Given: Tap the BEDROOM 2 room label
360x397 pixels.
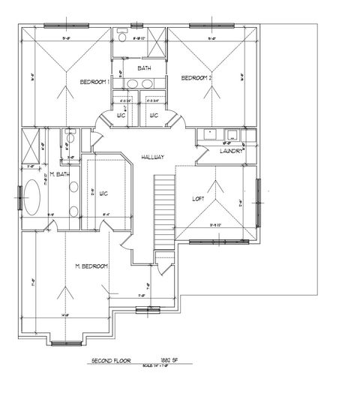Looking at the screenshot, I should [x=197, y=77].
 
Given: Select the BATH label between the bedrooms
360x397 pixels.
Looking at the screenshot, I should [x=144, y=68].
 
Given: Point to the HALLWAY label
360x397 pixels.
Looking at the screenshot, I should [x=152, y=157].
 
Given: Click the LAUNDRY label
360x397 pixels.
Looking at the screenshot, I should [x=230, y=150].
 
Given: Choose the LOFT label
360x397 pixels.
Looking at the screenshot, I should [x=198, y=198].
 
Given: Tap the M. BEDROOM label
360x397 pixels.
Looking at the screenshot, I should [x=91, y=266].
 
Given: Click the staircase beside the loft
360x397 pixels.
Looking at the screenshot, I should [x=164, y=212].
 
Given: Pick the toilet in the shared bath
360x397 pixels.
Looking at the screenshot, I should [x=122, y=36].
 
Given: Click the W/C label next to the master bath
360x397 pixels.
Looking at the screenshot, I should [x=103, y=194].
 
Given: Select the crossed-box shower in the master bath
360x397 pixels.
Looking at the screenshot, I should [x=30, y=143].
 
